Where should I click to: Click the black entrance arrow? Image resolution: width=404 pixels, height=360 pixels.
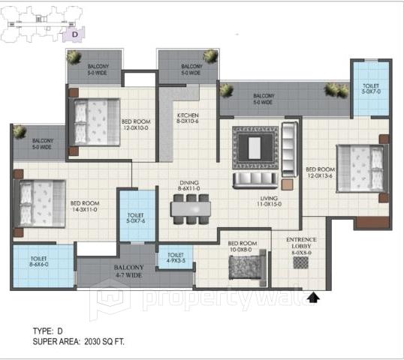(x=312, y=298)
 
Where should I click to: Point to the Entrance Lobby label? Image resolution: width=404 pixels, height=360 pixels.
(x=300, y=247)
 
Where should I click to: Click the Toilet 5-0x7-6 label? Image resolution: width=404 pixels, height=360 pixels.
(x=136, y=220)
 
